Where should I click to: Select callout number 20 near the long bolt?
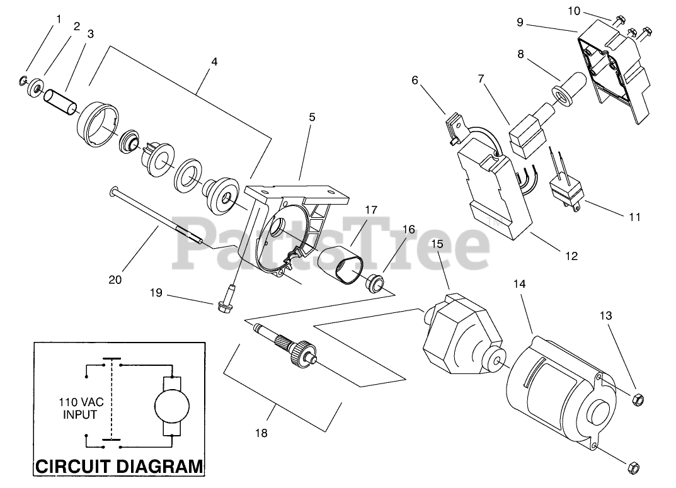click(x=115, y=280)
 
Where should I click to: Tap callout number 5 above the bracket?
click(x=312, y=118)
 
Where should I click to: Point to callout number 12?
click(x=571, y=256)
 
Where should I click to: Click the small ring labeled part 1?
click(x=23, y=80)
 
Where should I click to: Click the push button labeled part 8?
click(x=570, y=89)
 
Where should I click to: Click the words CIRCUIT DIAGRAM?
click(x=118, y=467)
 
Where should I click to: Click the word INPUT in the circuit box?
click(x=80, y=415)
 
